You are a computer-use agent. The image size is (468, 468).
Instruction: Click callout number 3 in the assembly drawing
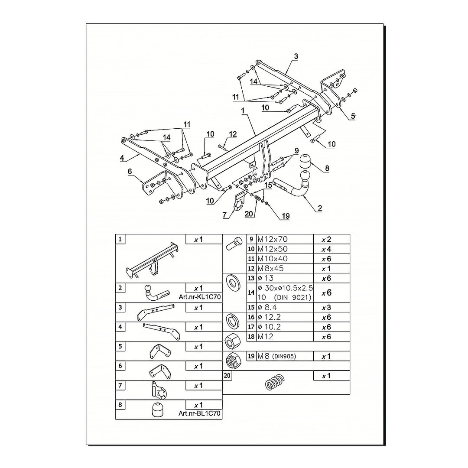(296, 56)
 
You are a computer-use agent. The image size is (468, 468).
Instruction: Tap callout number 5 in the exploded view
(353, 116)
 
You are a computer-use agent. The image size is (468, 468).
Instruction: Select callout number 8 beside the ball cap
(327, 168)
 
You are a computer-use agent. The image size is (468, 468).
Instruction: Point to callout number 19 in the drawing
(286, 216)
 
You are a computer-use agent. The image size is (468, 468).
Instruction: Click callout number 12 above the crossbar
(233, 134)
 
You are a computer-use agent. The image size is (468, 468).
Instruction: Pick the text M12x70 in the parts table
(273, 239)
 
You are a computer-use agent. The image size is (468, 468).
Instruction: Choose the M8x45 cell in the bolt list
(270, 268)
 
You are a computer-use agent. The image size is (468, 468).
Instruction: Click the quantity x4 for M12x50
(326, 249)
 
